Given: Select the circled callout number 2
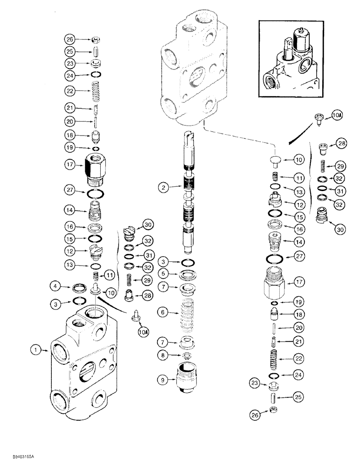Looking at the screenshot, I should (x=162, y=188).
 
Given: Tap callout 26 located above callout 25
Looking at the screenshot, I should (x=70, y=39).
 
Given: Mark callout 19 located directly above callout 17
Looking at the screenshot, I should (x=70, y=149).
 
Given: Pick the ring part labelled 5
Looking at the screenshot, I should (x=189, y=274).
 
